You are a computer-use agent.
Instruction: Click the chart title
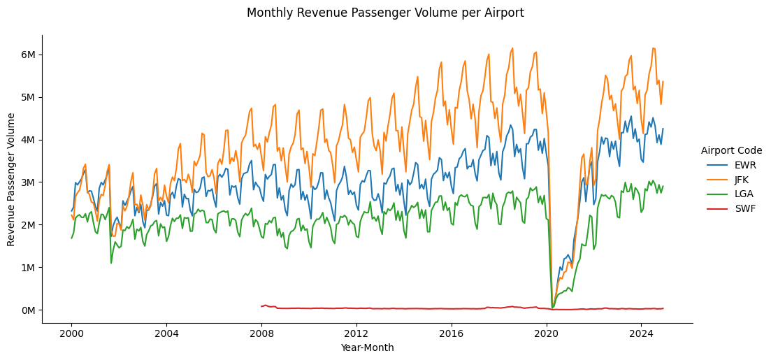385,13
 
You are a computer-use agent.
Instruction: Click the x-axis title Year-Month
367,347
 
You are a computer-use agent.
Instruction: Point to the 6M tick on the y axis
27,55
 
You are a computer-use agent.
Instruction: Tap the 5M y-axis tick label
27,97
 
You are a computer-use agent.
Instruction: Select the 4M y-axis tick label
27,140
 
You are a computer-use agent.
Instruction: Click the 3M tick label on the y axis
27,182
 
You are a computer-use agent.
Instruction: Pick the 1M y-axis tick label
27,268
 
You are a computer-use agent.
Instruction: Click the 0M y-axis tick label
27,310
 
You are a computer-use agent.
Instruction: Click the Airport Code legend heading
731,150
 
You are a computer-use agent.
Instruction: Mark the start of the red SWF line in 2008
261,306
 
